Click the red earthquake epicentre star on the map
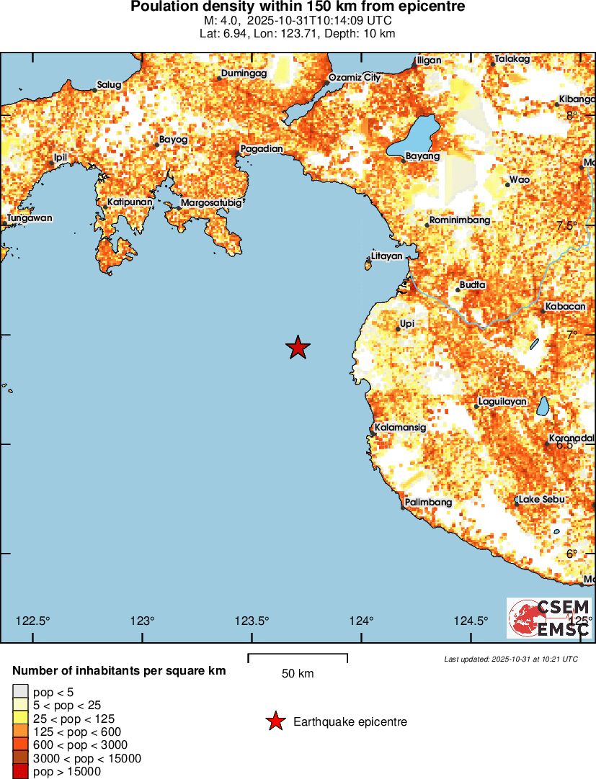298,348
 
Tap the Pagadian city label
261,149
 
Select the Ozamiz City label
354,77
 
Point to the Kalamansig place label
401,427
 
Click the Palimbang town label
428,502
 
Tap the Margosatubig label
210,203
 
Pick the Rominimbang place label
459,220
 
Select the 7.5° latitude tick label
568,225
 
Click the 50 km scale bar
298,657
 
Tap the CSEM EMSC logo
549,618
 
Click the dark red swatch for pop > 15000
20,772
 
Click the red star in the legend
275,721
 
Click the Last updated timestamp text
511,659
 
